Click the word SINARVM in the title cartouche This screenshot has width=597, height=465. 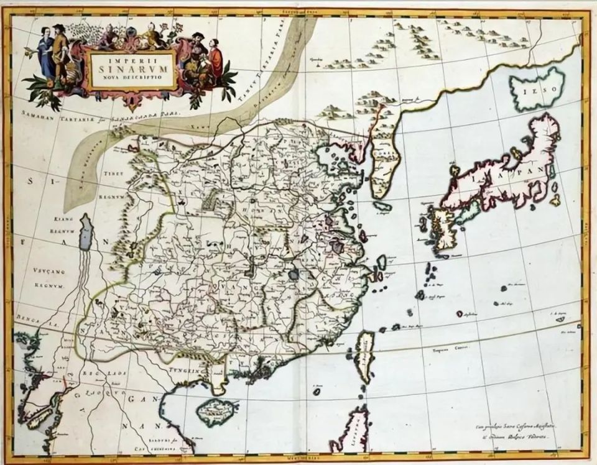[131, 69]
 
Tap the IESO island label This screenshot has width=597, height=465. [536, 93]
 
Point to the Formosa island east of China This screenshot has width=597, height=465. [365, 356]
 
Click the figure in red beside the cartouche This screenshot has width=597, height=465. [215, 61]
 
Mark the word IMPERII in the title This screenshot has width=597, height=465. [130, 58]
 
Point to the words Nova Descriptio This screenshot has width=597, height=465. [131, 79]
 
